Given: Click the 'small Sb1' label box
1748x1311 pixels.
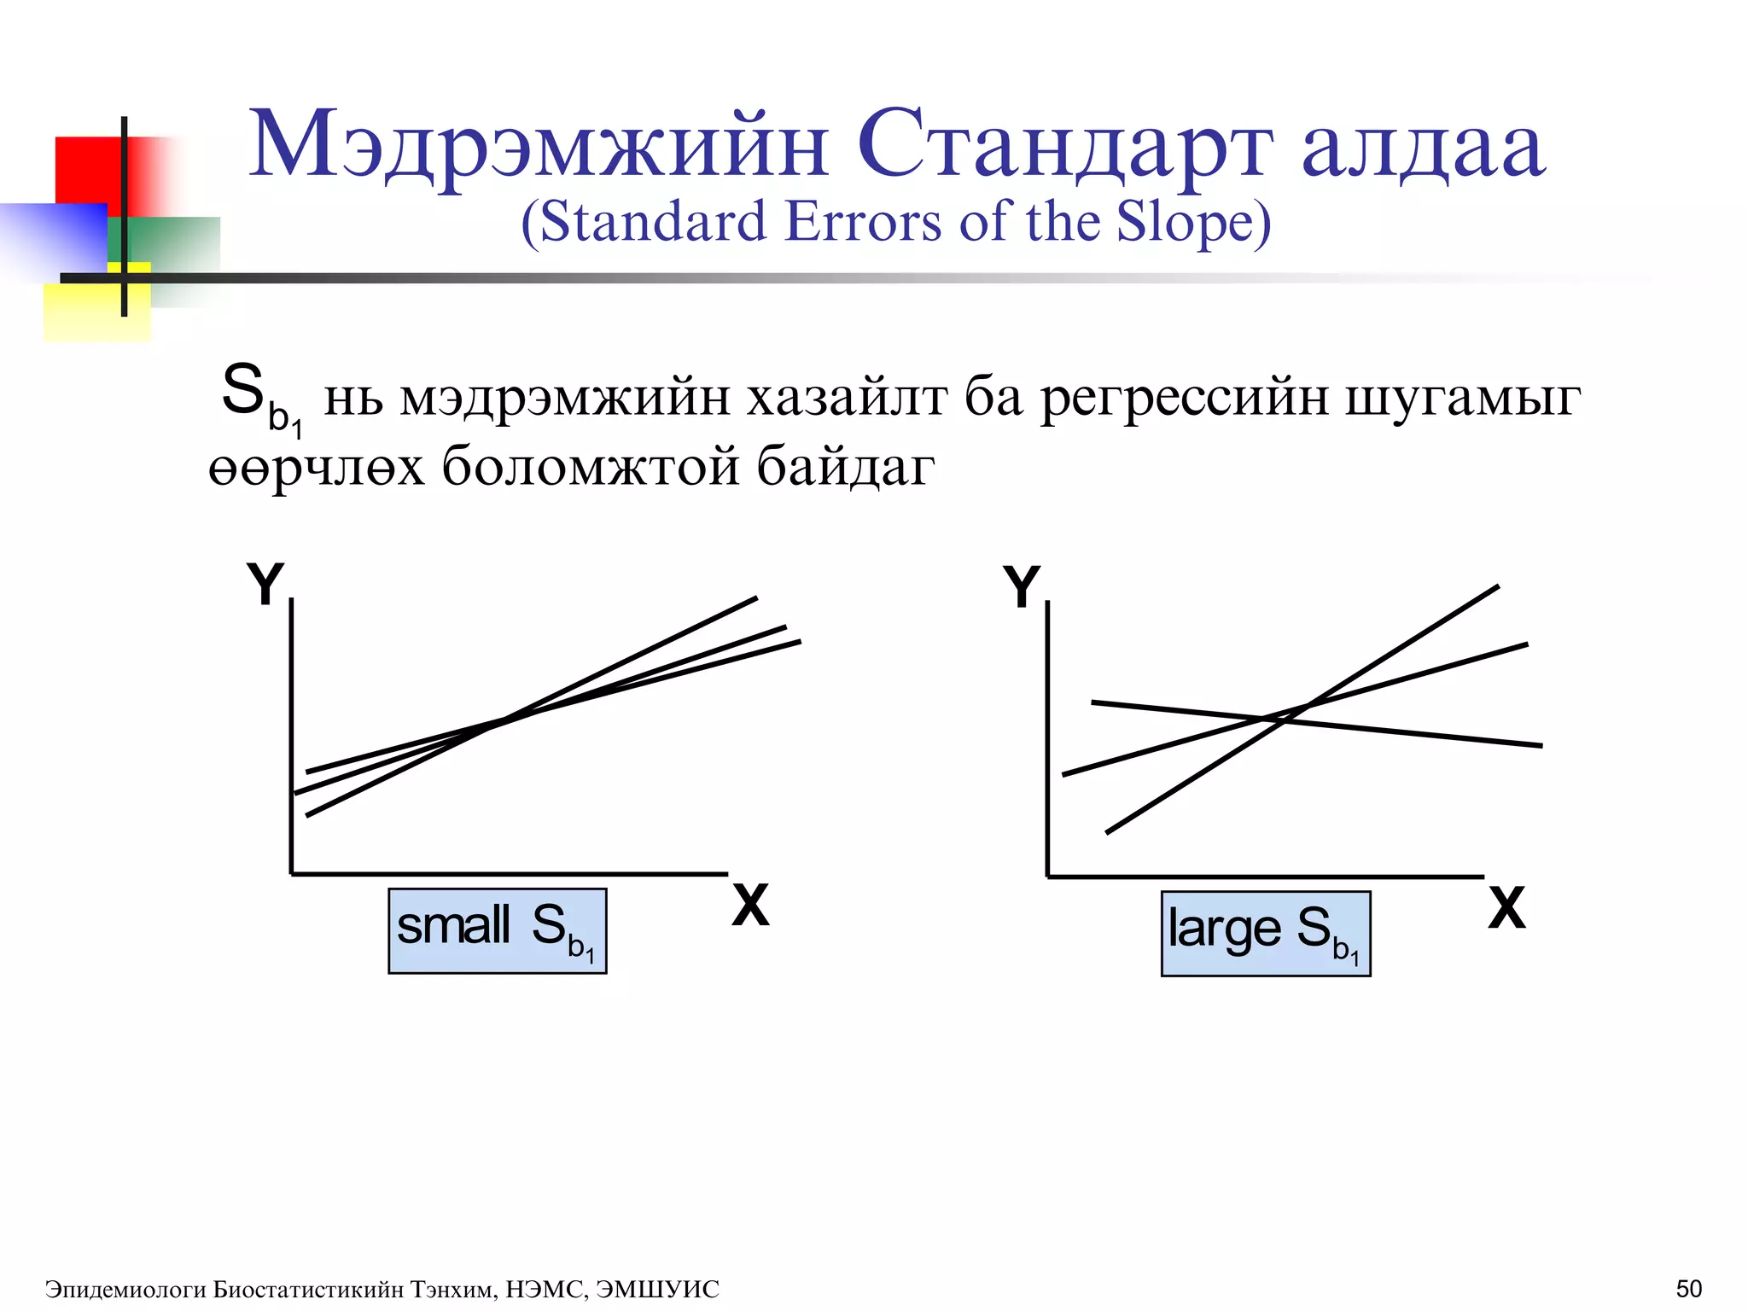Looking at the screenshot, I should coord(497,930).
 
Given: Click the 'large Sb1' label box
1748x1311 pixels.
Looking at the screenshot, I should coord(1265,933).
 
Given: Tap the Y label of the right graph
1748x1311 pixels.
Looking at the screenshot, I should coord(1021,587).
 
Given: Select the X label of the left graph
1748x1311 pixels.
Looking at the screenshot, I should coord(750,906).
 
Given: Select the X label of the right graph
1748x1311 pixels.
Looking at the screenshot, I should coord(1506,908).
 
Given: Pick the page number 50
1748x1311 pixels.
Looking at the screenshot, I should coord(1688,1288).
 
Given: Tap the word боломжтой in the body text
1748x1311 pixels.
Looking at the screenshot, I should coord(590,468).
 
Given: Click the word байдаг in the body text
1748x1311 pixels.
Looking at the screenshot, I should coord(845,468).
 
